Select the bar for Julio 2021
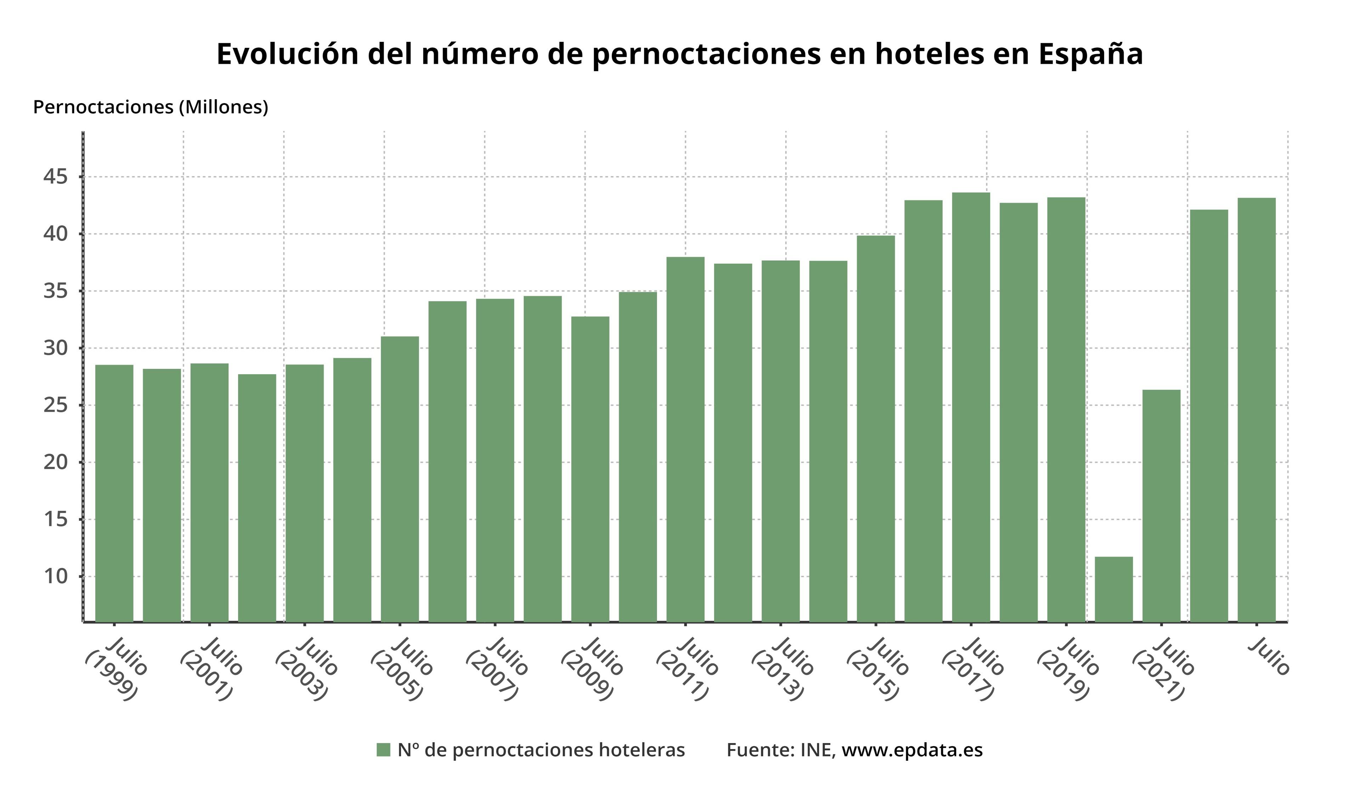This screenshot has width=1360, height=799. pyautogui.click(x=1161, y=506)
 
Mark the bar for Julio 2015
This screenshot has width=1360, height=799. pyautogui.click(x=875, y=429)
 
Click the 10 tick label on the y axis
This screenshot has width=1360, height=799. pyautogui.click(x=56, y=576)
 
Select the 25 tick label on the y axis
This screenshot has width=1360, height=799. pyautogui.click(x=56, y=405)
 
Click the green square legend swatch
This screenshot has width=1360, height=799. pyautogui.click(x=383, y=750)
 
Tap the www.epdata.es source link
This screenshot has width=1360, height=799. pyautogui.click(x=912, y=750)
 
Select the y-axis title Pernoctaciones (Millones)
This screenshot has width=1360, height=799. pyautogui.click(x=151, y=107)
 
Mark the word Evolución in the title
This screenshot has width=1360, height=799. pyautogui.click(x=287, y=54)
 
